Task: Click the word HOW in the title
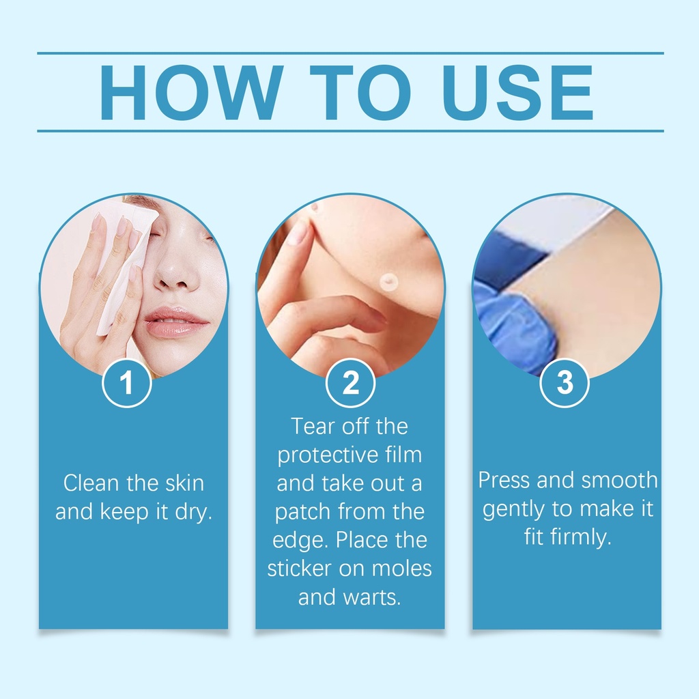coord(191,93)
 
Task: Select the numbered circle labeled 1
coord(127,383)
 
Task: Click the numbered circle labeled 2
coord(350,383)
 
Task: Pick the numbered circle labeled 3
coord(565,383)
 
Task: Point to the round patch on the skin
coord(388,282)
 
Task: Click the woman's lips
coord(175,322)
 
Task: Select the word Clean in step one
coord(92,483)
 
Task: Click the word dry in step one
coord(193,512)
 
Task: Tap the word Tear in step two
coord(313,426)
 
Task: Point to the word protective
coord(328,455)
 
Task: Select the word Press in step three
coord(505,480)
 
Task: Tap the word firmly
coord(581,537)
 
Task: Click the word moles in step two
coord(401,569)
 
